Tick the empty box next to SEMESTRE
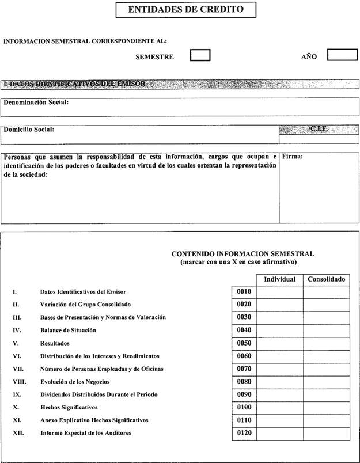200,56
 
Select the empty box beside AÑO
342,55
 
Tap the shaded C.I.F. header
319,130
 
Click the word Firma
293,156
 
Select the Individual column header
279,279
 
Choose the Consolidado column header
326,279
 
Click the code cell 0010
244,292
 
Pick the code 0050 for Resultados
244,343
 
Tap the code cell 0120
244,433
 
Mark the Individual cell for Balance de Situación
279,331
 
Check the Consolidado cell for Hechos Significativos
326,408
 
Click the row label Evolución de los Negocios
75,382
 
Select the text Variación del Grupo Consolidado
85,305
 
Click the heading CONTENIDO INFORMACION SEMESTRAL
242,253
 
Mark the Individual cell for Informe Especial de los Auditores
279,433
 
